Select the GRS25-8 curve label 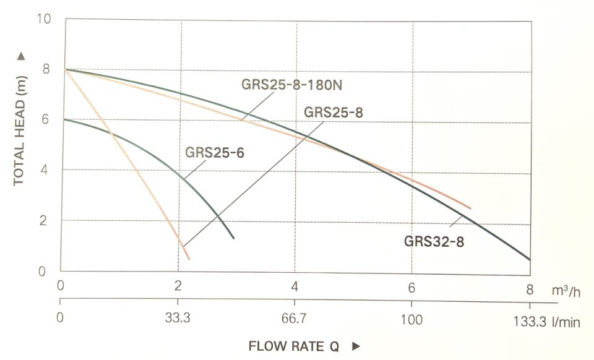(x=333, y=112)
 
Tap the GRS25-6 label (x=215, y=152)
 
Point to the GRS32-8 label (x=434, y=241)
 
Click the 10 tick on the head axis (x=44, y=20)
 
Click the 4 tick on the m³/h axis (x=295, y=286)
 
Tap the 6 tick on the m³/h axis (x=411, y=287)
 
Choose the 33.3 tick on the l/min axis (x=178, y=320)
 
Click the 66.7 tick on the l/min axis (x=295, y=320)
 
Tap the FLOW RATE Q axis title (x=294, y=346)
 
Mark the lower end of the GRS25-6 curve (x=233, y=238)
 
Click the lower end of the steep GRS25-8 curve (x=189, y=259)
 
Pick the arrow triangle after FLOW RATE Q (x=355, y=346)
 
